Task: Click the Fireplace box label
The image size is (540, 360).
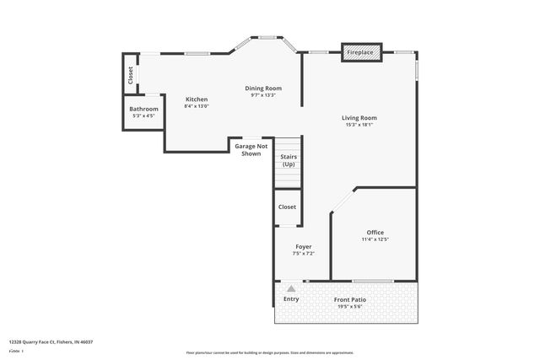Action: [360, 53]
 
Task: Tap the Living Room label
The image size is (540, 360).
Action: [359, 117]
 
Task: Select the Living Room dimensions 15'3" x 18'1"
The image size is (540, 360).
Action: [359, 125]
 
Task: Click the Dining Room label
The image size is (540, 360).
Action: [263, 88]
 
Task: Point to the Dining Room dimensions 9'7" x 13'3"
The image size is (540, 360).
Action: [263, 95]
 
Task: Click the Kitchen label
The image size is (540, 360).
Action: [197, 99]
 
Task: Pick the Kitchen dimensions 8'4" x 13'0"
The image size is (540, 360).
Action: [197, 106]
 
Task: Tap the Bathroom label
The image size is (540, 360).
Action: [143, 109]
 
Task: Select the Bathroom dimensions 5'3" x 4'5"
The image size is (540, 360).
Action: [143, 116]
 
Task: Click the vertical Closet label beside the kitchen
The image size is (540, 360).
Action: [131, 75]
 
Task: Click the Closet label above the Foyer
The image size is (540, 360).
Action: [287, 207]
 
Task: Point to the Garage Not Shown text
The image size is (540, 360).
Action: [251, 150]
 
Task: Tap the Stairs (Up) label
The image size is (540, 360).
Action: [288, 160]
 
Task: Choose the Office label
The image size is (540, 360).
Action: [375, 232]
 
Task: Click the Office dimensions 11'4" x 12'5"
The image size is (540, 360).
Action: [375, 239]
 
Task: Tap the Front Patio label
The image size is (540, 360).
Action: [348, 299]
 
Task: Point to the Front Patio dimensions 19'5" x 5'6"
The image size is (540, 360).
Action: [348, 307]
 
